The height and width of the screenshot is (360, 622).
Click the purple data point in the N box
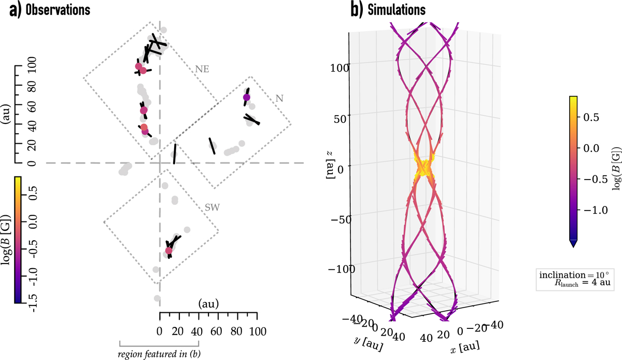(x=247, y=98)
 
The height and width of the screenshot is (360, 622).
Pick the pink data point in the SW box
(x=168, y=251)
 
